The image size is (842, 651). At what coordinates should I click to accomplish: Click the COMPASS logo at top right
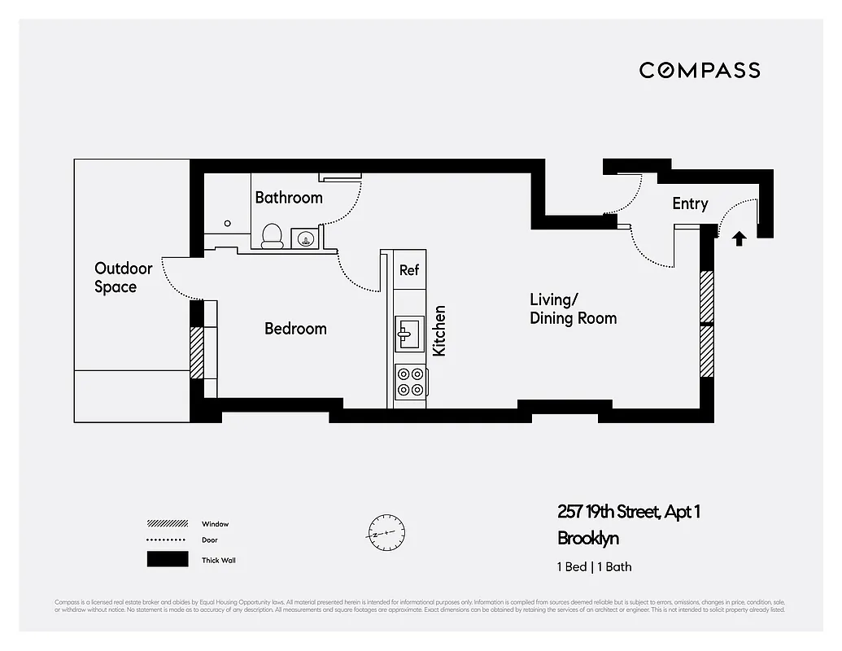[x=700, y=70]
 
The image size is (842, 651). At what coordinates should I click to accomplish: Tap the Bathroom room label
[x=289, y=198]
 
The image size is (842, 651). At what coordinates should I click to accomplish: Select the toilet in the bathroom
[x=272, y=236]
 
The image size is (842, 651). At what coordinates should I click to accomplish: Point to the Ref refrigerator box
[x=409, y=269]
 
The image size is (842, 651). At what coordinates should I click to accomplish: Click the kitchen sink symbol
[x=409, y=332]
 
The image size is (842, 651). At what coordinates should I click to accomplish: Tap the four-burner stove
[x=411, y=382]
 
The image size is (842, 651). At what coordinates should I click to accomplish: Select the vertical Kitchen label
[x=439, y=330]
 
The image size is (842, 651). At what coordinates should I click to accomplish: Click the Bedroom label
[x=295, y=329]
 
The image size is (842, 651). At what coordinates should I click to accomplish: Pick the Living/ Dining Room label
[x=573, y=309]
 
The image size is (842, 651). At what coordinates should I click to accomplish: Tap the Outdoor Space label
[x=123, y=277]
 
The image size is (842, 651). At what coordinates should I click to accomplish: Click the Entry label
[x=690, y=204]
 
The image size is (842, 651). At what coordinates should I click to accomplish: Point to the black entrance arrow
[x=739, y=238]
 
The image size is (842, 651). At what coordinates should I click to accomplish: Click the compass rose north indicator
[x=385, y=534]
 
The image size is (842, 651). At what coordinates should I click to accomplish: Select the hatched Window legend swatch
[x=167, y=524]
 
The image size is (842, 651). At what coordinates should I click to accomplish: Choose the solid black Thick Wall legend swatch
[x=167, y=560]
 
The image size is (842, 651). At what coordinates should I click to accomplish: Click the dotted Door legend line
[x=167, y=540]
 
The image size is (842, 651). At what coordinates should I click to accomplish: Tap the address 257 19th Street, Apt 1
[x=628, y=512]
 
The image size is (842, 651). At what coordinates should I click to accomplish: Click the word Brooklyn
[x=588, y=539]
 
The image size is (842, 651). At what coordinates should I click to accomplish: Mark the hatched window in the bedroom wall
[x=196, y=352]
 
